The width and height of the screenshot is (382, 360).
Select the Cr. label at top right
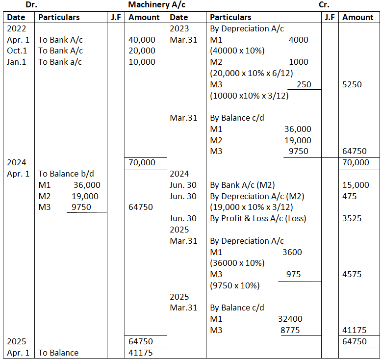click(324, 5)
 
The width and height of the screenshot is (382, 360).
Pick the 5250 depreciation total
click(352, 84)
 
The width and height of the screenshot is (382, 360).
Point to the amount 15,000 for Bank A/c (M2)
click(356, 185)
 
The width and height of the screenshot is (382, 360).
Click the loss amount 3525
click(352, 218)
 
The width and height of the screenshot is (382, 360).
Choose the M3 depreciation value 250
click(304, 84)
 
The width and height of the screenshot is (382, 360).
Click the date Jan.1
click(17, 62)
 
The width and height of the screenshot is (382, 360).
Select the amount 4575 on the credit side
click(352, 274)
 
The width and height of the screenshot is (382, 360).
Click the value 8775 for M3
click(290, 331)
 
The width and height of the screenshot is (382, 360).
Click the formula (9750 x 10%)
click(235, 285)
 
